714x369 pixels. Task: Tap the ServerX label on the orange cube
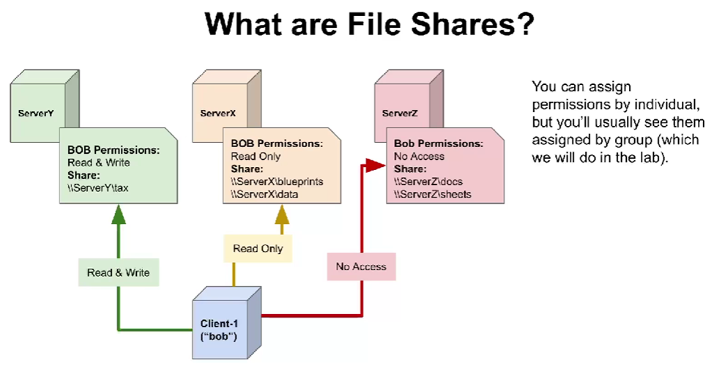[x=217, y=113]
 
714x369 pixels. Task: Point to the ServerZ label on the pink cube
[x=400, y=113]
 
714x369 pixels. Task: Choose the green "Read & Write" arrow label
[x=118, y=272]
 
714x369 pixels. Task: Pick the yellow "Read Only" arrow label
[x=258, y=249]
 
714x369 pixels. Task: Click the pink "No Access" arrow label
[x=360, y=266]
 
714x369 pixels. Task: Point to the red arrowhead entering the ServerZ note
[x=378, y=164]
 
